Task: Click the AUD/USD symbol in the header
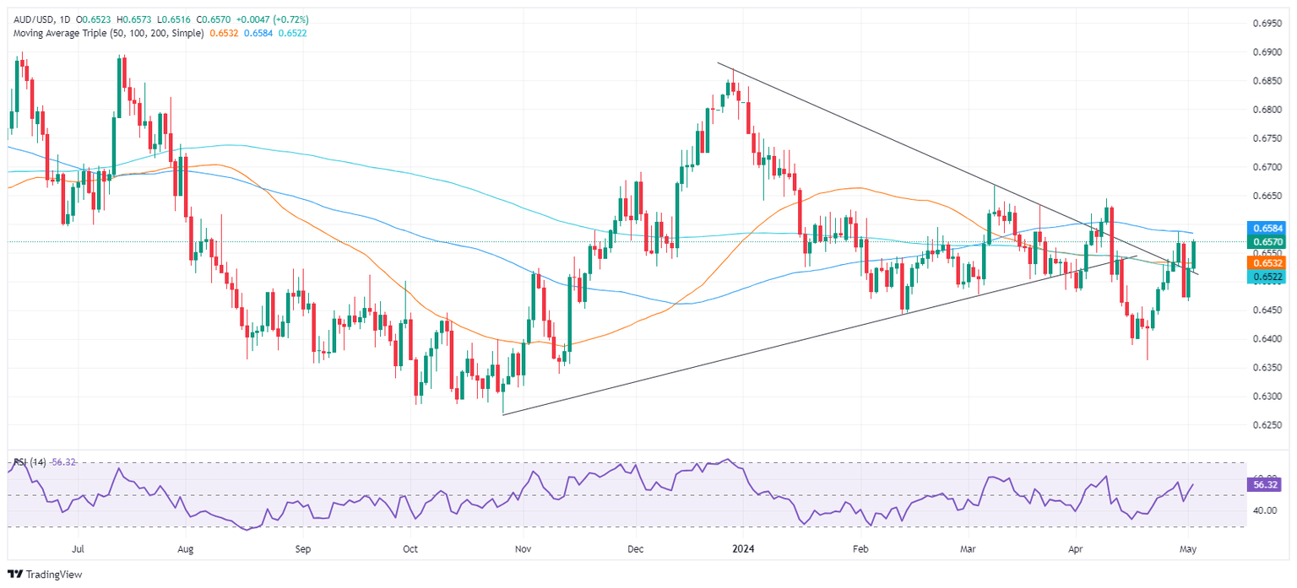[30, 19]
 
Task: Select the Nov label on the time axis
[522, 547]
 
